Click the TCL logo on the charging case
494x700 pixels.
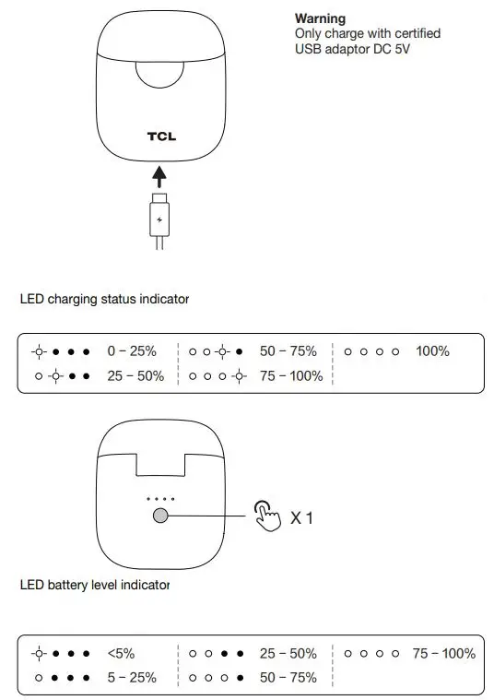tap(161, 136)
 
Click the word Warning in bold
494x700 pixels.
tap(320, 18)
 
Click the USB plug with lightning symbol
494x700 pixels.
tap(160, 219)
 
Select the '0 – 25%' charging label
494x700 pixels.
tap(131, 351)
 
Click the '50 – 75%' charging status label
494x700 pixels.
tap(288, 351)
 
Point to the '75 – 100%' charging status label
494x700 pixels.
tap(291, 375)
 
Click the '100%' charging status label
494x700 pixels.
tap(432, 351)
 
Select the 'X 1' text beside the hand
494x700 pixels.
tap(302, 518)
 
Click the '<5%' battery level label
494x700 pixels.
tap(121, 653)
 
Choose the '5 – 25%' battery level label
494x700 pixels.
tap(131, 677)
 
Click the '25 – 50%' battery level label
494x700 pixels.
tap(288, 653)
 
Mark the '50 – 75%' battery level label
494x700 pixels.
tap(288, 677)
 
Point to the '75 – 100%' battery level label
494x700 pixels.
tap(443, 653)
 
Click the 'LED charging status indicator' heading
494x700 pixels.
tap(104, 299)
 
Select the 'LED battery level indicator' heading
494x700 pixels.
tap(95, 585)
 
